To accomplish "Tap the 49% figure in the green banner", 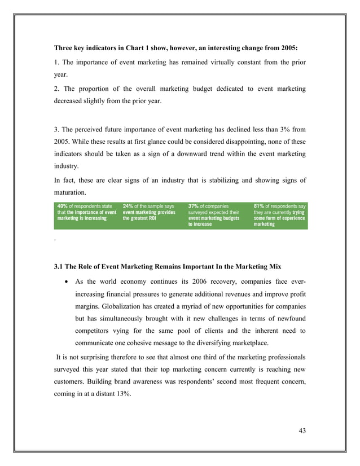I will coord(63,206).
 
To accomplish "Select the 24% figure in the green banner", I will coord(128,206).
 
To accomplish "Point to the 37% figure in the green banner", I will coord(194,206).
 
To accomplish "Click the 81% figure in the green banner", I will coord(260,206).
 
